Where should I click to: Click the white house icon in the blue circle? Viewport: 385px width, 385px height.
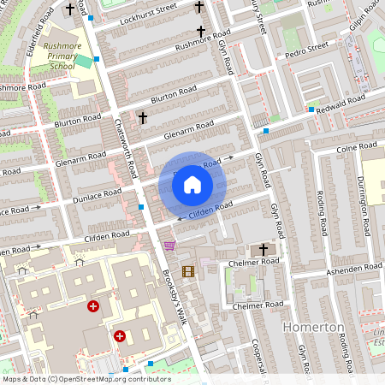pyautogui.click(x=192, y=184)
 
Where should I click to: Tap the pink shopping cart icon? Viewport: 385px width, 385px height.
pyautogui.click(x=169, y=246)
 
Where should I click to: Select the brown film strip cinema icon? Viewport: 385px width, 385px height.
pyautogui.click(x=188, y=271)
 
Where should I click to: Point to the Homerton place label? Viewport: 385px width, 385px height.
pyautogui.click(x=312, y=328)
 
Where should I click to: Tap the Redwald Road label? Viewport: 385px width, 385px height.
pyautogui.click(x=347, y=102)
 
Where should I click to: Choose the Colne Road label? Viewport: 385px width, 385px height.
pyautogui.click(x=351, y=148)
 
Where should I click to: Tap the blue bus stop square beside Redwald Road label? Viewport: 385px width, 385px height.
pyautogui.click(x=311, y=110)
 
